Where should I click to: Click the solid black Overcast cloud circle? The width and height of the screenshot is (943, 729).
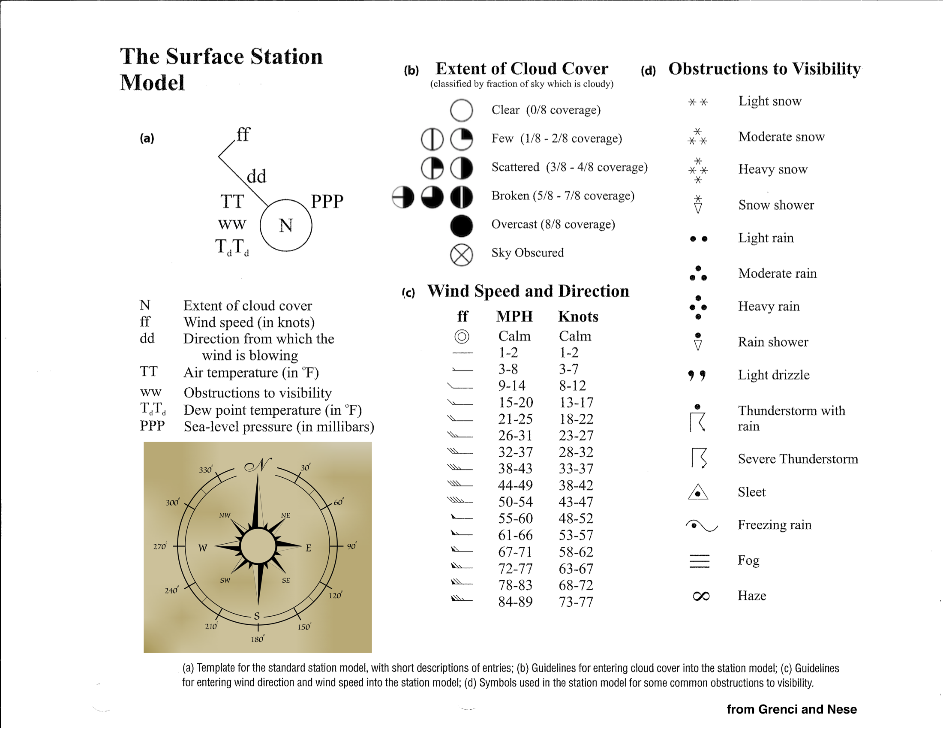(x=461, y=226)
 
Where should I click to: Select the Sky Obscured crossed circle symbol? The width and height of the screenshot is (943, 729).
(x=461, y=254)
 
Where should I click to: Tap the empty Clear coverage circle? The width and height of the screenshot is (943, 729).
(x=461, y=110)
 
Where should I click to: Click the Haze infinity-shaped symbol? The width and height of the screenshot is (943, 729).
(x=701, y=596)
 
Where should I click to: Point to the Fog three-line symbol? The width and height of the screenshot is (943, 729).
(x=700, y=560)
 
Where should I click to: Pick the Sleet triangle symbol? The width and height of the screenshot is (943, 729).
(x=698, y=492)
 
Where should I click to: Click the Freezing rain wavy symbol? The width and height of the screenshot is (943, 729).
(x=702, y=525)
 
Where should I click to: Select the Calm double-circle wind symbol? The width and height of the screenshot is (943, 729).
(x=462, y=336)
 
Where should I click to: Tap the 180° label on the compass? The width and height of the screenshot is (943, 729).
(x=257, y=639)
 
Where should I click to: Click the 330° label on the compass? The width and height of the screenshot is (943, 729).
(x=206, y=470)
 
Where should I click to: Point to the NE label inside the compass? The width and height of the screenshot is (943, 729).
(x=285, y=515)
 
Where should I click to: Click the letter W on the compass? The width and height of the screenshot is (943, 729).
(x=202, y=548)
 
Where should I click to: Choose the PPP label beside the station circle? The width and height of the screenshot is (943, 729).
(x=327, y=201)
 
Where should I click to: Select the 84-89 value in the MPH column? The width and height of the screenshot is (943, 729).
(x=515, y=602)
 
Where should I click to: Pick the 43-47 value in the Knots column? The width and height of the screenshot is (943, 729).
(x=576, y=502)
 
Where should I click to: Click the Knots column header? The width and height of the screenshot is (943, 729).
(x=578, y=316)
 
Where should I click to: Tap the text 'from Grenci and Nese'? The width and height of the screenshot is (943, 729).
(x=791, y=709)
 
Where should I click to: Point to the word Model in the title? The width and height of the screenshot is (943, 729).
(x=152, y=82)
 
